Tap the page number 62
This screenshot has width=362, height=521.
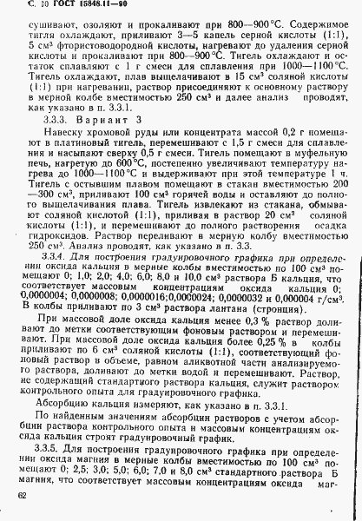click(x=21, y=497)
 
